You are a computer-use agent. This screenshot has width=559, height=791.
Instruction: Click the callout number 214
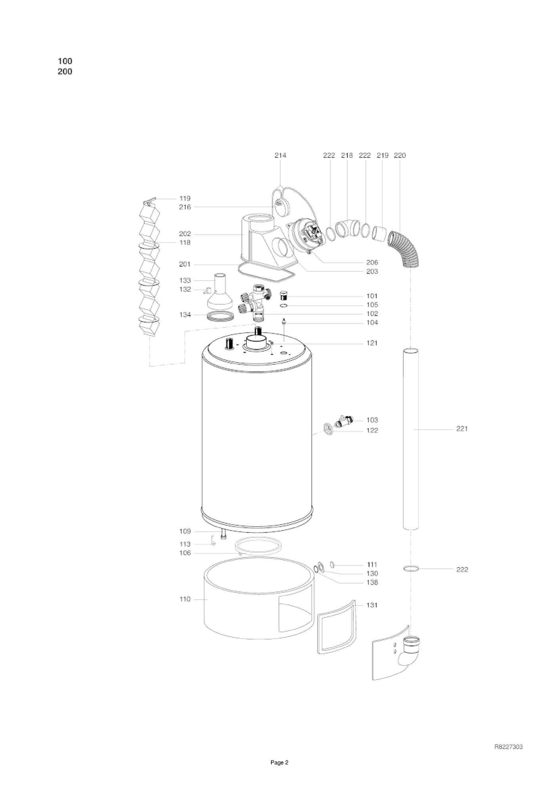click(x=280, y=155)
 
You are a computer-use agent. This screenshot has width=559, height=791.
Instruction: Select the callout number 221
click(x=462, y=429)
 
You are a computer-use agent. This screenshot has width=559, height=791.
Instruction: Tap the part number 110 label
click(x=185, y=599)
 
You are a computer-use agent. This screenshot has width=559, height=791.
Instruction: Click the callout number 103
click(x=372, y=420)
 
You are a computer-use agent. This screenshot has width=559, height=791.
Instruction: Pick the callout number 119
click(x=185, y=198)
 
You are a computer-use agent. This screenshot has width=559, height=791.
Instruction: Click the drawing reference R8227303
click(x=508, y=747)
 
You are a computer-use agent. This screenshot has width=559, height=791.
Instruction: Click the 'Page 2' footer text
click(x=279, y=774)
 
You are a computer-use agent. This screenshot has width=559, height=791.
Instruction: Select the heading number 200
click(x=65, y=72)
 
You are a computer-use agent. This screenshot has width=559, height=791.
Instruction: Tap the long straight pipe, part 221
click(x=411, y=439)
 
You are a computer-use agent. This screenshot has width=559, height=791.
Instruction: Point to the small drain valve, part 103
click(x=342, y=421)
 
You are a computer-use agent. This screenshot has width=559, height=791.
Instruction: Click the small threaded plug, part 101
click(x=283, y=296)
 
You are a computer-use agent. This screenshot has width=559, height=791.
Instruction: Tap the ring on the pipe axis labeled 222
click(x=411, y=569)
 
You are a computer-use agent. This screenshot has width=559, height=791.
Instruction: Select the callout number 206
click(x=372, y=262)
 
